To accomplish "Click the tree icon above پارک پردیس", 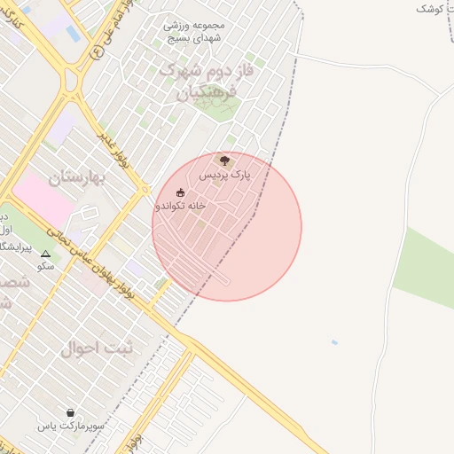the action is click(x=223, y=160).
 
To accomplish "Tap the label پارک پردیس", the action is click(x=224, y=176).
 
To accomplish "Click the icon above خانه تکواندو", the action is click(x=181, y=192).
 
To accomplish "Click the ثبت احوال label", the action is click(x=97, y=348).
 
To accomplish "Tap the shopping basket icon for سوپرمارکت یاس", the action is click(x=71, y=412).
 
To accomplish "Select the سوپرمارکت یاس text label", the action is click(x=71, y=427).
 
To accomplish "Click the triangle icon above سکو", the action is click(x=46, y=254).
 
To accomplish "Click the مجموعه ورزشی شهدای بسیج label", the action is click(x=195, y=31).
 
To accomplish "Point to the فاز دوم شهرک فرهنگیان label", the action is click(x=207, y=80).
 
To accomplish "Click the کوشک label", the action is click(x=433, y=8).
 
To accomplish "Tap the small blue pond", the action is click(x=333, y=341).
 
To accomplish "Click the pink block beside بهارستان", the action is click(x=43, y=197).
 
